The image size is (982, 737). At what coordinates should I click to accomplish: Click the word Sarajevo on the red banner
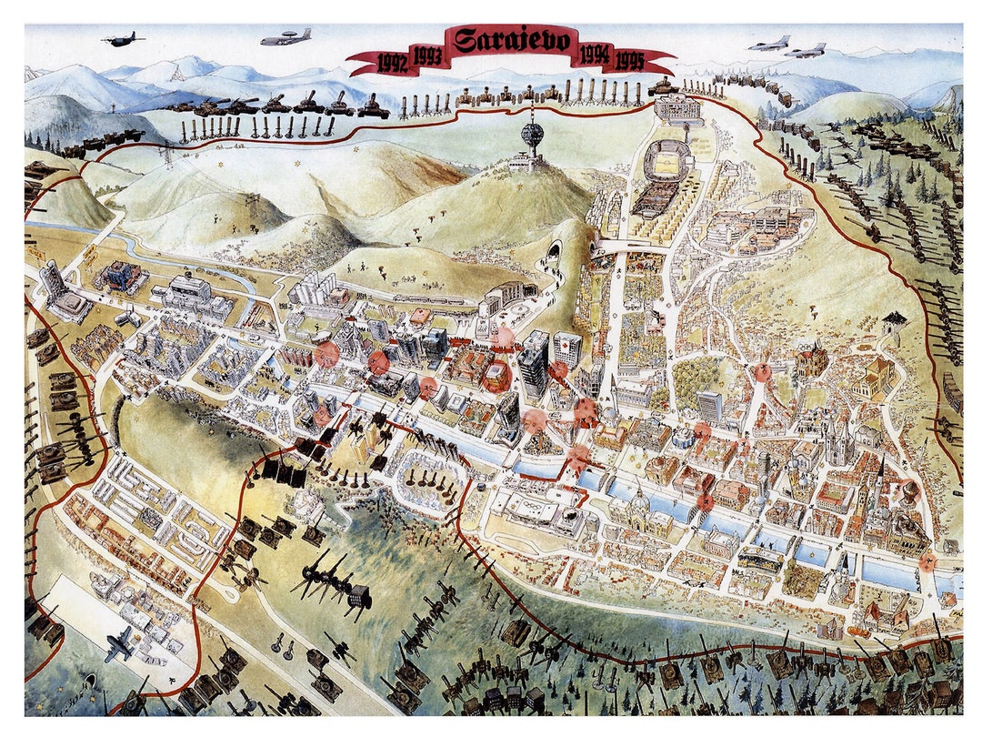512,42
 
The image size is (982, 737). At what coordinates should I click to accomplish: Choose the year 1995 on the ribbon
629,63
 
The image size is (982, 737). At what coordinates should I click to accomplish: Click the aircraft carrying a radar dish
286,38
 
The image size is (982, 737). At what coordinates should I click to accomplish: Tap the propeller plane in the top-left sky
124,39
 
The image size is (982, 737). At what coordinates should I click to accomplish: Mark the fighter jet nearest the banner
770,43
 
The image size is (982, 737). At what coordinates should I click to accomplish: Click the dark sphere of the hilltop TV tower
532,135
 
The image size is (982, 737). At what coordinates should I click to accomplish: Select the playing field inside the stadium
669,163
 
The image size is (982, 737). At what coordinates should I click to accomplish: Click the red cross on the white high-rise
567,348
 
